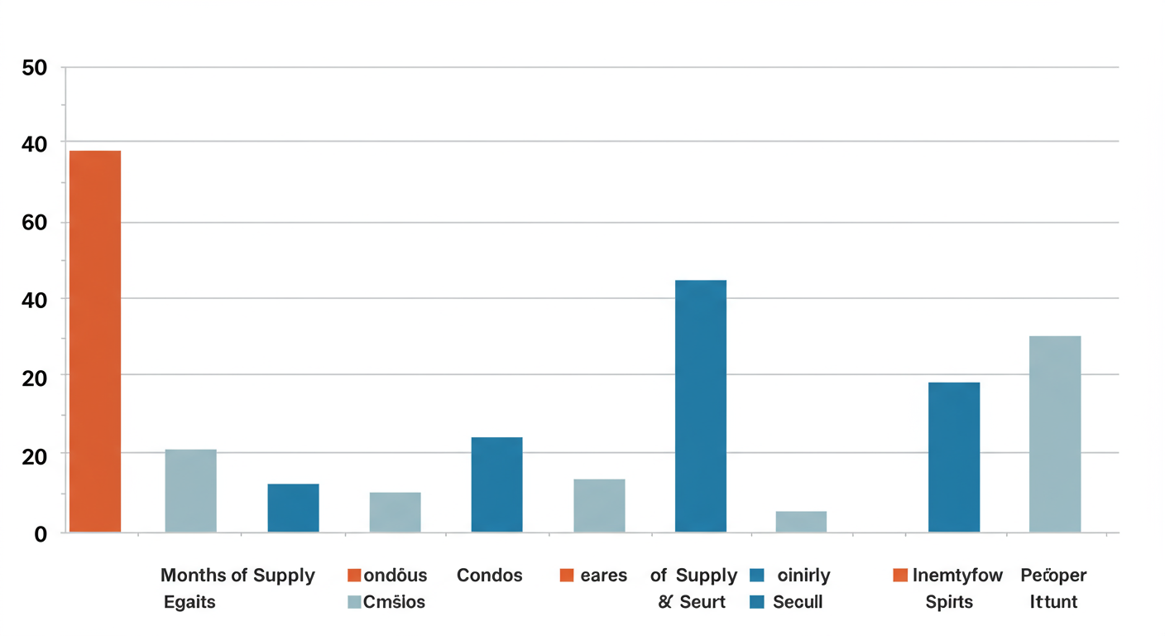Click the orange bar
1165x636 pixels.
point(95,341)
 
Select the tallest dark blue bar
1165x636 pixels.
point(701,406)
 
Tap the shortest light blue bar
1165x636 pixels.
point(801,522)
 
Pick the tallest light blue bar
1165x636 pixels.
point(1055,434)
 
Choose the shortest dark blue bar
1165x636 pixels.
point(293,508)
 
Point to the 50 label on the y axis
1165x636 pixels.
point(35,68)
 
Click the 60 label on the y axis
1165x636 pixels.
point(35,223)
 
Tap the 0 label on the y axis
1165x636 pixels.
point(41,535)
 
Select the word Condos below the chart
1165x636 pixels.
point(490,576)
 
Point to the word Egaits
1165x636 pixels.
point(189,602)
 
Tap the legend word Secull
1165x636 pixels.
point(798,602)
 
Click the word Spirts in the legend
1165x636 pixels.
point(949,602)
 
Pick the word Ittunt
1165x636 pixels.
point(1053,602)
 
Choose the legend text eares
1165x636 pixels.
point(603,576)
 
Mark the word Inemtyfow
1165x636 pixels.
point(957,576)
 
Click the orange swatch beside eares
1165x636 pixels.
point(567,576)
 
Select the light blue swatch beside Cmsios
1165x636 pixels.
point(355,602)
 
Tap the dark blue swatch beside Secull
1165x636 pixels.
point(756,602)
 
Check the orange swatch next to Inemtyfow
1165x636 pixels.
point(900,576)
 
